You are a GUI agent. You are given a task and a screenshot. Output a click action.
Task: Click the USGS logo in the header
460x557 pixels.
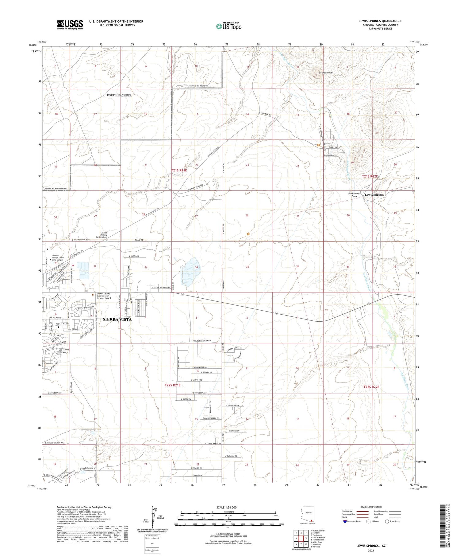click(70, 25)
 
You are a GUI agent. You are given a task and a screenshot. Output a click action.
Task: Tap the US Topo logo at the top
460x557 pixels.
click(228, 26)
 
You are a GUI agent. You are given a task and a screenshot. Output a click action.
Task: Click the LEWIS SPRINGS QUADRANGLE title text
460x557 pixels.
click(380, 21)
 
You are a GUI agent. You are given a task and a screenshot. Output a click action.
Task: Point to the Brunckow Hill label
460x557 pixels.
click(327, 73)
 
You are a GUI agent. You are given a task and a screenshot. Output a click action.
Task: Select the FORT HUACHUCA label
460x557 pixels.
click(119, 95)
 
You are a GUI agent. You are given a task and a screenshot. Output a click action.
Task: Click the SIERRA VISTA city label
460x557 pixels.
click(117, 320)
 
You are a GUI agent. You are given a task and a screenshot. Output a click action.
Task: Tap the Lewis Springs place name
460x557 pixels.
click(374, 195)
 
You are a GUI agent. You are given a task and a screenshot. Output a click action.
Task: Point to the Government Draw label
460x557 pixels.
click(355, 195)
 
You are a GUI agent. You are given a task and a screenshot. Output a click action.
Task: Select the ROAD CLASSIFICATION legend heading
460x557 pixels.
click(371, 507)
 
